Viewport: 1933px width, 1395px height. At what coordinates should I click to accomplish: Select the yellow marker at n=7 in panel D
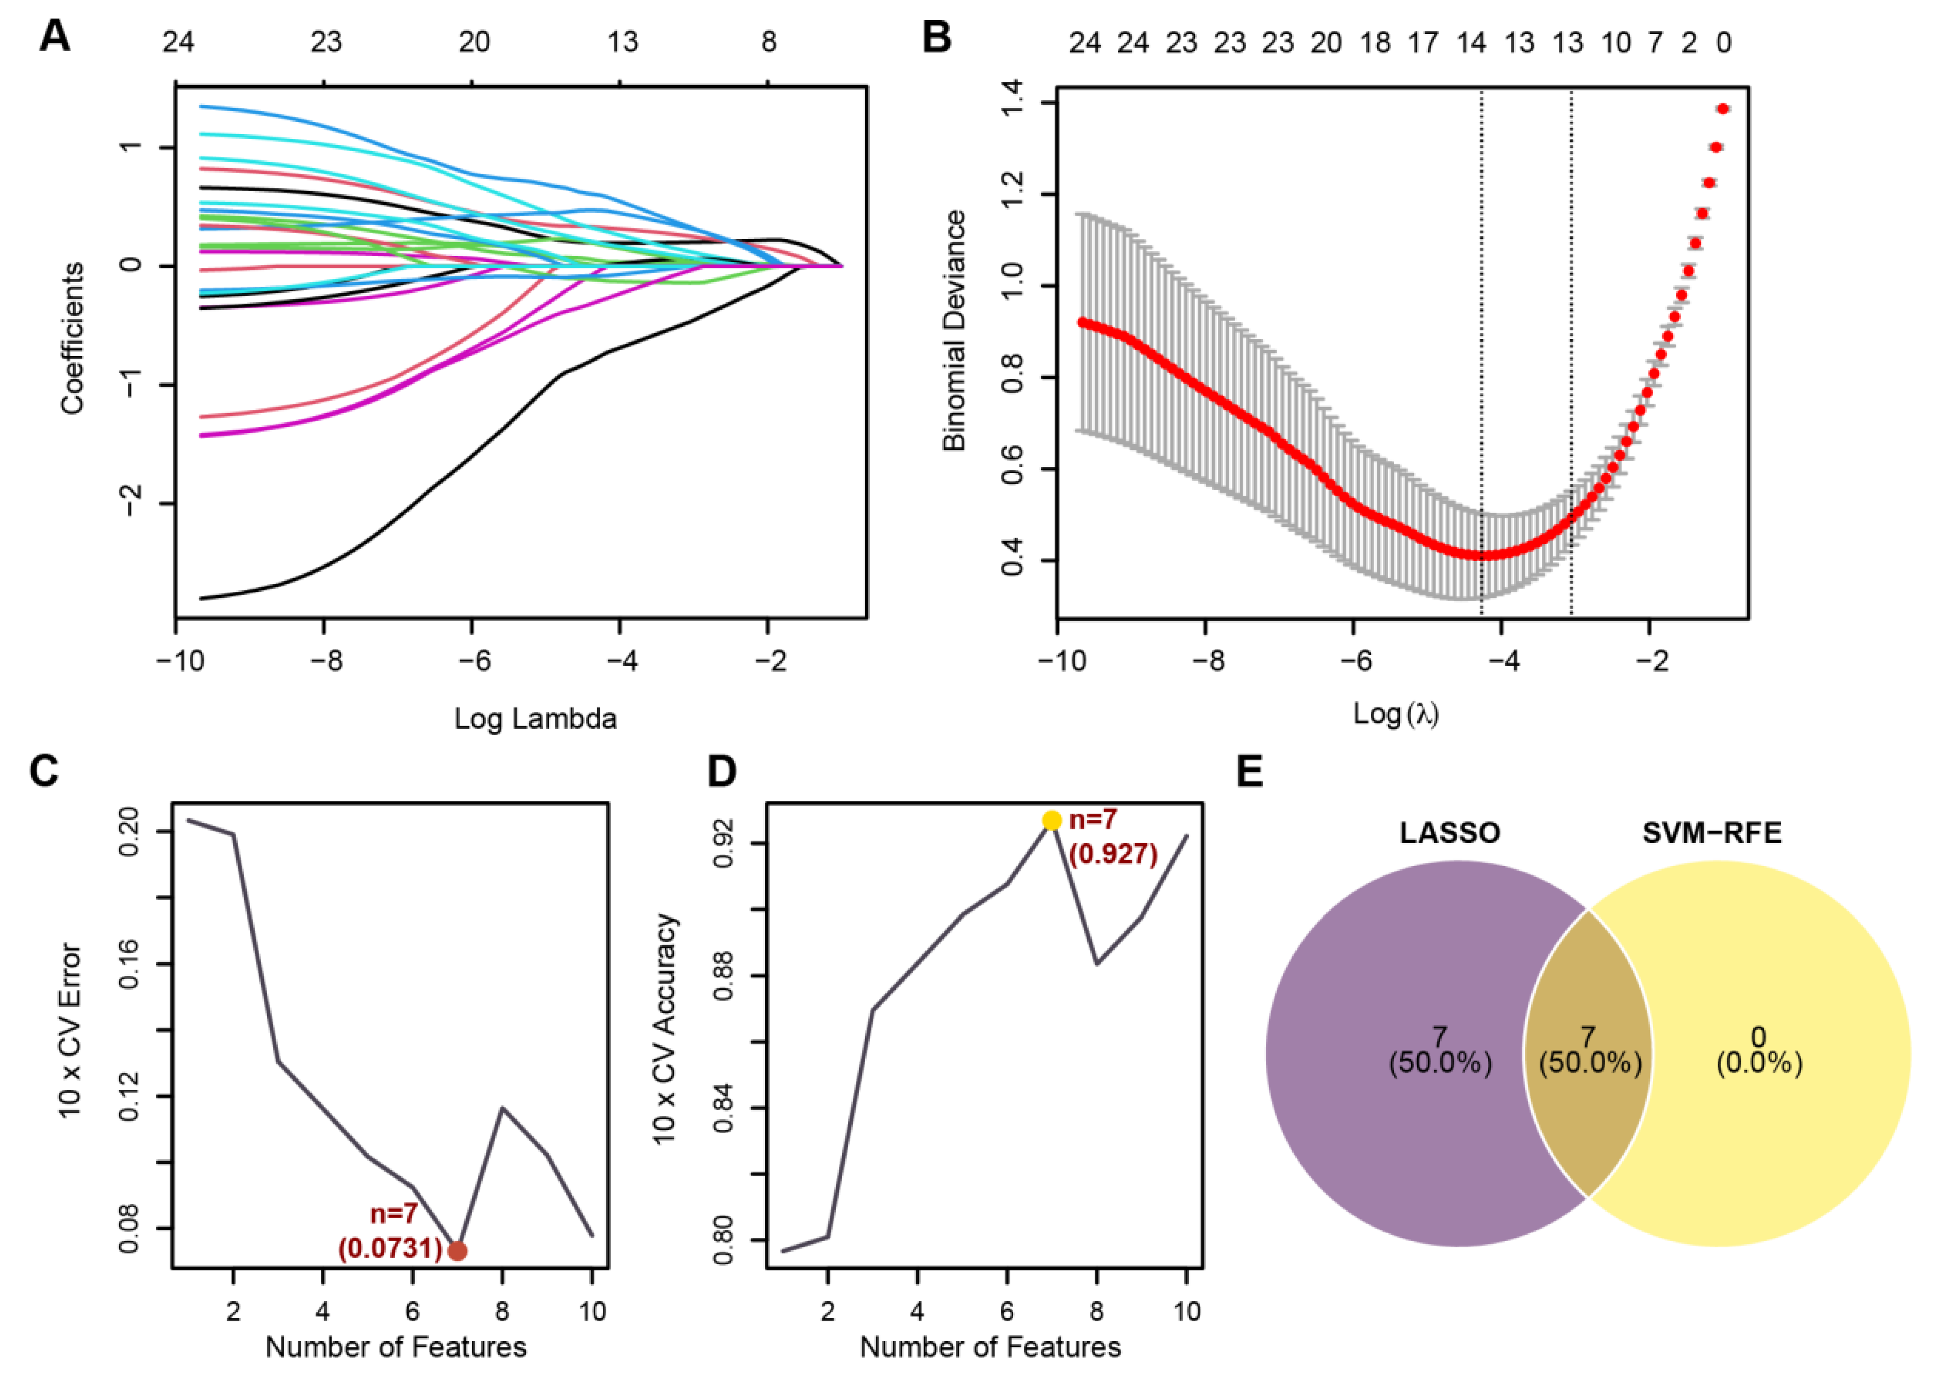click(x=1052, y=821)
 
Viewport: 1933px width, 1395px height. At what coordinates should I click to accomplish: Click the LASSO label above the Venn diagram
click(x=1450, y=833)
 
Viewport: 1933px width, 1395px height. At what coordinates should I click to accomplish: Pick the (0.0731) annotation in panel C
click(x=390, y=1249)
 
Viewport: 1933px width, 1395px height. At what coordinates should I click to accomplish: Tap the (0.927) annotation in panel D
click(x=1113, y=854)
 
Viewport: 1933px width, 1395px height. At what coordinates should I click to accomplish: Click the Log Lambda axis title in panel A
click(x=535, y=718)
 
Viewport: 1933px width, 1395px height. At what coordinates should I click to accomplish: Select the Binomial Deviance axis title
click(x=955, y=331)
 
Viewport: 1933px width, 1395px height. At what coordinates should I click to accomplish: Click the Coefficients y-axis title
click(x=73, y=338)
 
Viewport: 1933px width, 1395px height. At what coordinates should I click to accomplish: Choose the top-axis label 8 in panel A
click(x=769, y=42)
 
